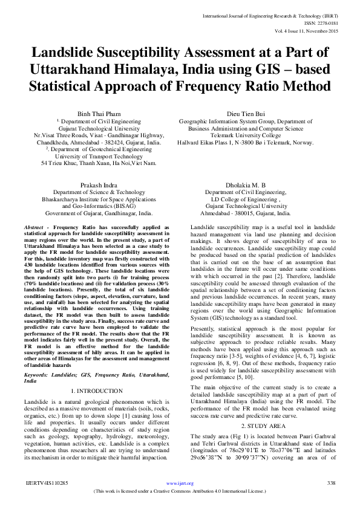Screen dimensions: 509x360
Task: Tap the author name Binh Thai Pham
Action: point(97,113)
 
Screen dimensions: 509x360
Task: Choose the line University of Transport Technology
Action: point(97,156)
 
